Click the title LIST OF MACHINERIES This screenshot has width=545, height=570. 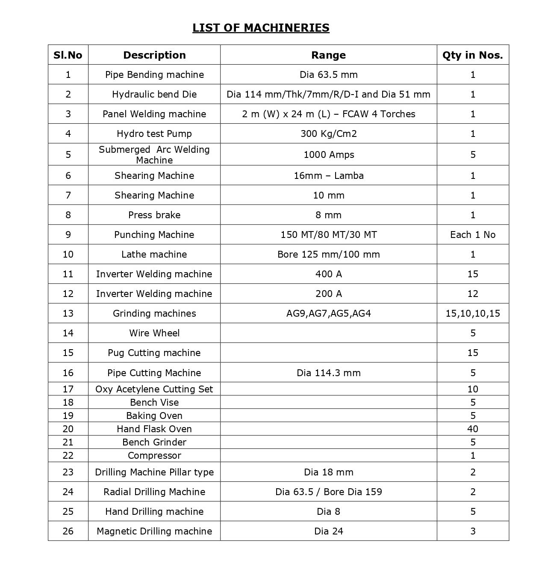pos(261,28)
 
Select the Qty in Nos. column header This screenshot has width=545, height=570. pos(472,55)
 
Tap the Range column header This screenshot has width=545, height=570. pos(328,55)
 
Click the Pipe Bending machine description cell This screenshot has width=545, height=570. pos(154,75)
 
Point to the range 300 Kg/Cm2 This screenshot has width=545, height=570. pos(328,134)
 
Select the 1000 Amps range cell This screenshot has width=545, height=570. pos(328,155)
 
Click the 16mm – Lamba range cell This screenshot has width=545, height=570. pos(328,176)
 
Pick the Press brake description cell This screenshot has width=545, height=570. pos(154,215)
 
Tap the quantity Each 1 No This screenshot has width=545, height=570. pos(472,235)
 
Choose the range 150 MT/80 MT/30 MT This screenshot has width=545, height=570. pos(328,235)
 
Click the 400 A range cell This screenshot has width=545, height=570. pos(328,274)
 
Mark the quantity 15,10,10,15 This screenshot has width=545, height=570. pos(472,314)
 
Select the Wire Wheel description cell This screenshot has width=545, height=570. pos(154,333)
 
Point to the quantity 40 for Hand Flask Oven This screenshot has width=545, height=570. pos(472,429)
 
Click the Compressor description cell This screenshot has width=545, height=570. pos(154,456)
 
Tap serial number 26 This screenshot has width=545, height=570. pos(68,531)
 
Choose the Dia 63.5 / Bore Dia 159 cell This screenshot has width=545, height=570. pos(328,492)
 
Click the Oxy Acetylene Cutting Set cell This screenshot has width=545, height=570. pos(154,389)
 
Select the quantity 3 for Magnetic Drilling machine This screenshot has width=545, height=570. pos(472,531)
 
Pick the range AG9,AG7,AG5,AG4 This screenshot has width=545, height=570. pos(328,314)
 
